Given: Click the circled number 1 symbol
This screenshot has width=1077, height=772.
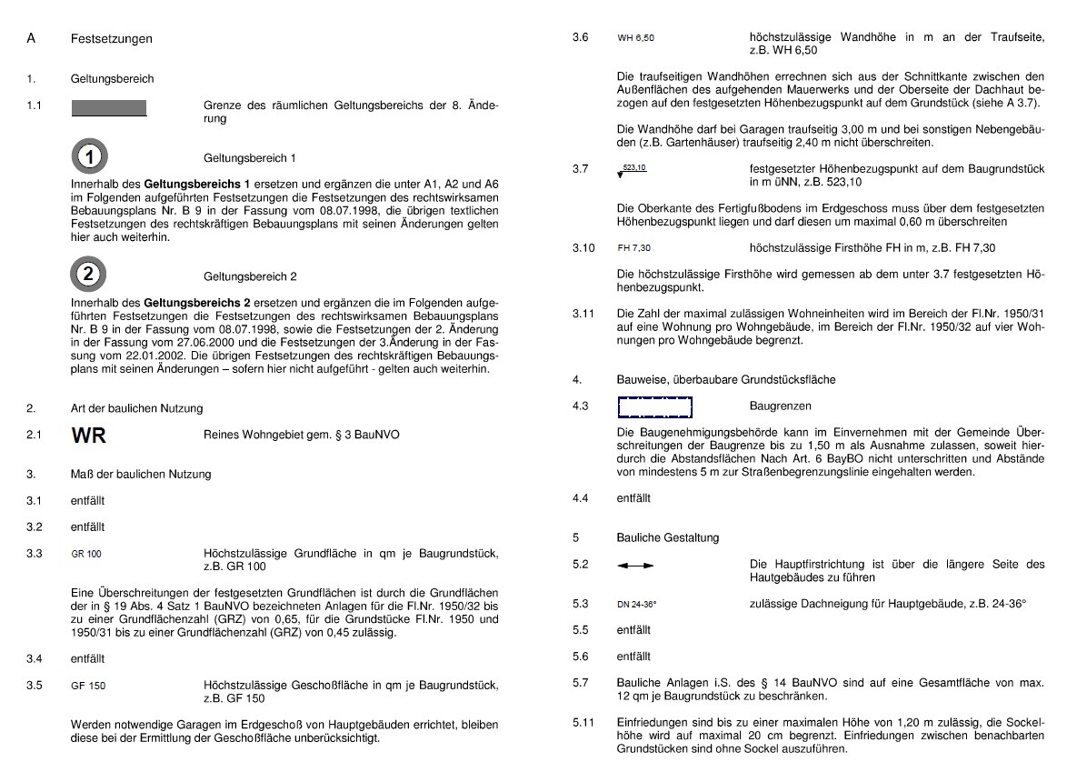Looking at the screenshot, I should (88, 157).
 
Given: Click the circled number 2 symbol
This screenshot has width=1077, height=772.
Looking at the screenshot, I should (88, 274).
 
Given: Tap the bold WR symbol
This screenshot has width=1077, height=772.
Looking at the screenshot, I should (88, 436).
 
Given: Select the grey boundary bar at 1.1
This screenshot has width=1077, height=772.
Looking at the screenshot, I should (109, 108).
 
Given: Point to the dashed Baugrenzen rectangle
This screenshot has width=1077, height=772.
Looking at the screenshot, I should (654, 406).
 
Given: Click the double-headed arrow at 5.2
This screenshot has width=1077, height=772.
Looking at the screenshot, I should (635, 566).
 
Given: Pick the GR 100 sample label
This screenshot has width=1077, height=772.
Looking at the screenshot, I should (86, 554).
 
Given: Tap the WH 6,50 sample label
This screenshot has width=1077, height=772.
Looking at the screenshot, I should (635, 38).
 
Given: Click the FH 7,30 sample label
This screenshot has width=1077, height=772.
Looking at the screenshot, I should (633, 248).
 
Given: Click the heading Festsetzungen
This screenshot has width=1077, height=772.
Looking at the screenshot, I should (111, 39).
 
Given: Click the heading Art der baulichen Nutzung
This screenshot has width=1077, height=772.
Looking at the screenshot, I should (136, 408).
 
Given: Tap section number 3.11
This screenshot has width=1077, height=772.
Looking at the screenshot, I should (583, 314).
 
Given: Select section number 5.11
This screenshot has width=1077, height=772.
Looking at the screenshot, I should (583, 723).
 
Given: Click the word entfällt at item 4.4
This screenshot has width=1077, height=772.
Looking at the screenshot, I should (633, 498).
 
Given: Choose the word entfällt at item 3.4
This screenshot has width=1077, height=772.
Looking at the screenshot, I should (87, 658).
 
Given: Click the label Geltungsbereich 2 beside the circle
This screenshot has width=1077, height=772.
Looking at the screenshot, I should (250, 276).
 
